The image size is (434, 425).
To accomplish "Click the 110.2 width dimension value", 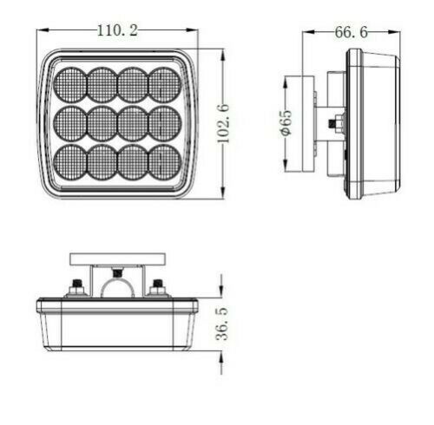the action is point(117,30).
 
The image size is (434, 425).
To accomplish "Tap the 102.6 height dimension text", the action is point(223,124).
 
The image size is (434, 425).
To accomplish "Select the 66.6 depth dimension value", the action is point(351,32).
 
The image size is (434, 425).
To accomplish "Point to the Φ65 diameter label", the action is point(286,122).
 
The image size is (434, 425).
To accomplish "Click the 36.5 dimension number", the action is point(222,324).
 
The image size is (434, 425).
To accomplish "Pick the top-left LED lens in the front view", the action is point(70,85).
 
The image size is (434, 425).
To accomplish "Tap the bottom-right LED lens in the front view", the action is point(165,161).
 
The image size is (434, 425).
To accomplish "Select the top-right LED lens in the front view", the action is point(165,85).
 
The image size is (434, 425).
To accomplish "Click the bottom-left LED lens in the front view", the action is point(70,161).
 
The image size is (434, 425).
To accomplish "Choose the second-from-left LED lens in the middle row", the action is point(102,123).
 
